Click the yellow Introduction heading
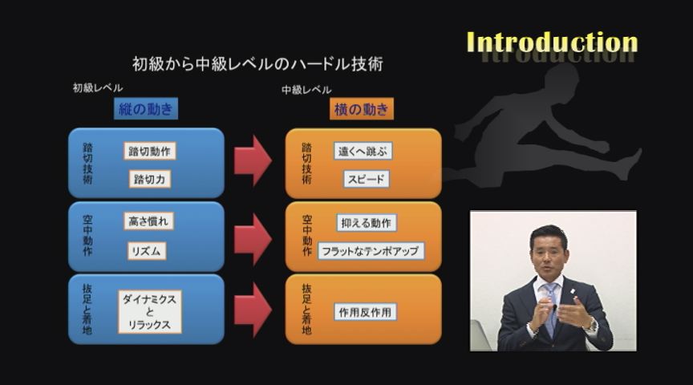tap(552, 43)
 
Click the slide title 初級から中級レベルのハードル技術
tap(257, 64)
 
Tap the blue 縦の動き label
tap(146, 109)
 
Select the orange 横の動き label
tap(362, 109)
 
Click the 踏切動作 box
tap(149, 151)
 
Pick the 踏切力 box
tap(149, 179)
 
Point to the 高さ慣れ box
tap(148, 221)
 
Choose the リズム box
tap(146, 250)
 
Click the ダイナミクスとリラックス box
tap(149, 312)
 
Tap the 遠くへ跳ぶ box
tap(363, 151)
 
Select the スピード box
tap(366, 179)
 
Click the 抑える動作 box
tap(367, 223)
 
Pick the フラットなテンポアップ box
tap(371, 251)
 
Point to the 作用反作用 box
tap(365, 312)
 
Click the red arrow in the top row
tap(253, 160)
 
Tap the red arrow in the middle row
tap(253, 239)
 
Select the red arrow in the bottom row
tap(253, 310)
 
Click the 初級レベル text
tap(98, 87)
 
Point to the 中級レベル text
tap(306, 90)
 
